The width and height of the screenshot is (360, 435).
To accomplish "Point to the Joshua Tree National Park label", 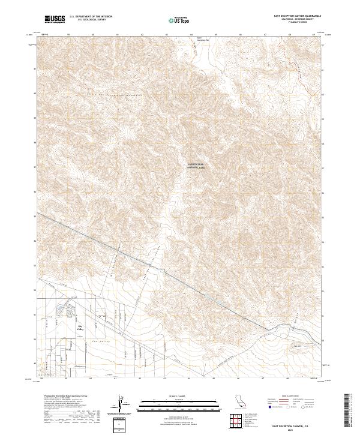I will coord(196,165).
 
